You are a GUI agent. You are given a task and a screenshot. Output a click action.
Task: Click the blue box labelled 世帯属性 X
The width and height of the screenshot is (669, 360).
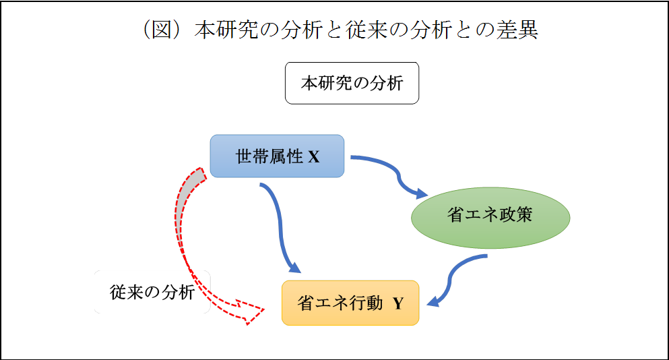(x=277, y=156)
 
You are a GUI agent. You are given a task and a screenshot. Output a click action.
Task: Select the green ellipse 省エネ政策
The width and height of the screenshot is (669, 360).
(x=490, y=217)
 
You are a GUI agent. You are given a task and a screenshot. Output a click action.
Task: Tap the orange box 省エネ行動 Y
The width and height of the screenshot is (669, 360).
(x=350, y=303)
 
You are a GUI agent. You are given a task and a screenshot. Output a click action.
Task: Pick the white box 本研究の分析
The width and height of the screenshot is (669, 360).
(x=352, y=83)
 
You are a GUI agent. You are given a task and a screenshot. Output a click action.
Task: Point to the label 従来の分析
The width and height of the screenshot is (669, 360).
(x=152, y=292)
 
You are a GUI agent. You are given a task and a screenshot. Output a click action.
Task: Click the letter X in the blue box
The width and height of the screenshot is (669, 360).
(x=313, y=156)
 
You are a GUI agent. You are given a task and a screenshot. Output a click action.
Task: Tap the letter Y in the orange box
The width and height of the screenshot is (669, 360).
(x=398, y=303)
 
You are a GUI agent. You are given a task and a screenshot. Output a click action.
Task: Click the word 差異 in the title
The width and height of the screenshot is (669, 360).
(x=517, y=30)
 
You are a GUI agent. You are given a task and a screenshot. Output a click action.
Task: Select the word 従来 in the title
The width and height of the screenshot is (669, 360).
(x=367, y=30)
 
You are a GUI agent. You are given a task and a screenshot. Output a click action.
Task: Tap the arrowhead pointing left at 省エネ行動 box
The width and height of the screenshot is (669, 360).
(x=433, y=301)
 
